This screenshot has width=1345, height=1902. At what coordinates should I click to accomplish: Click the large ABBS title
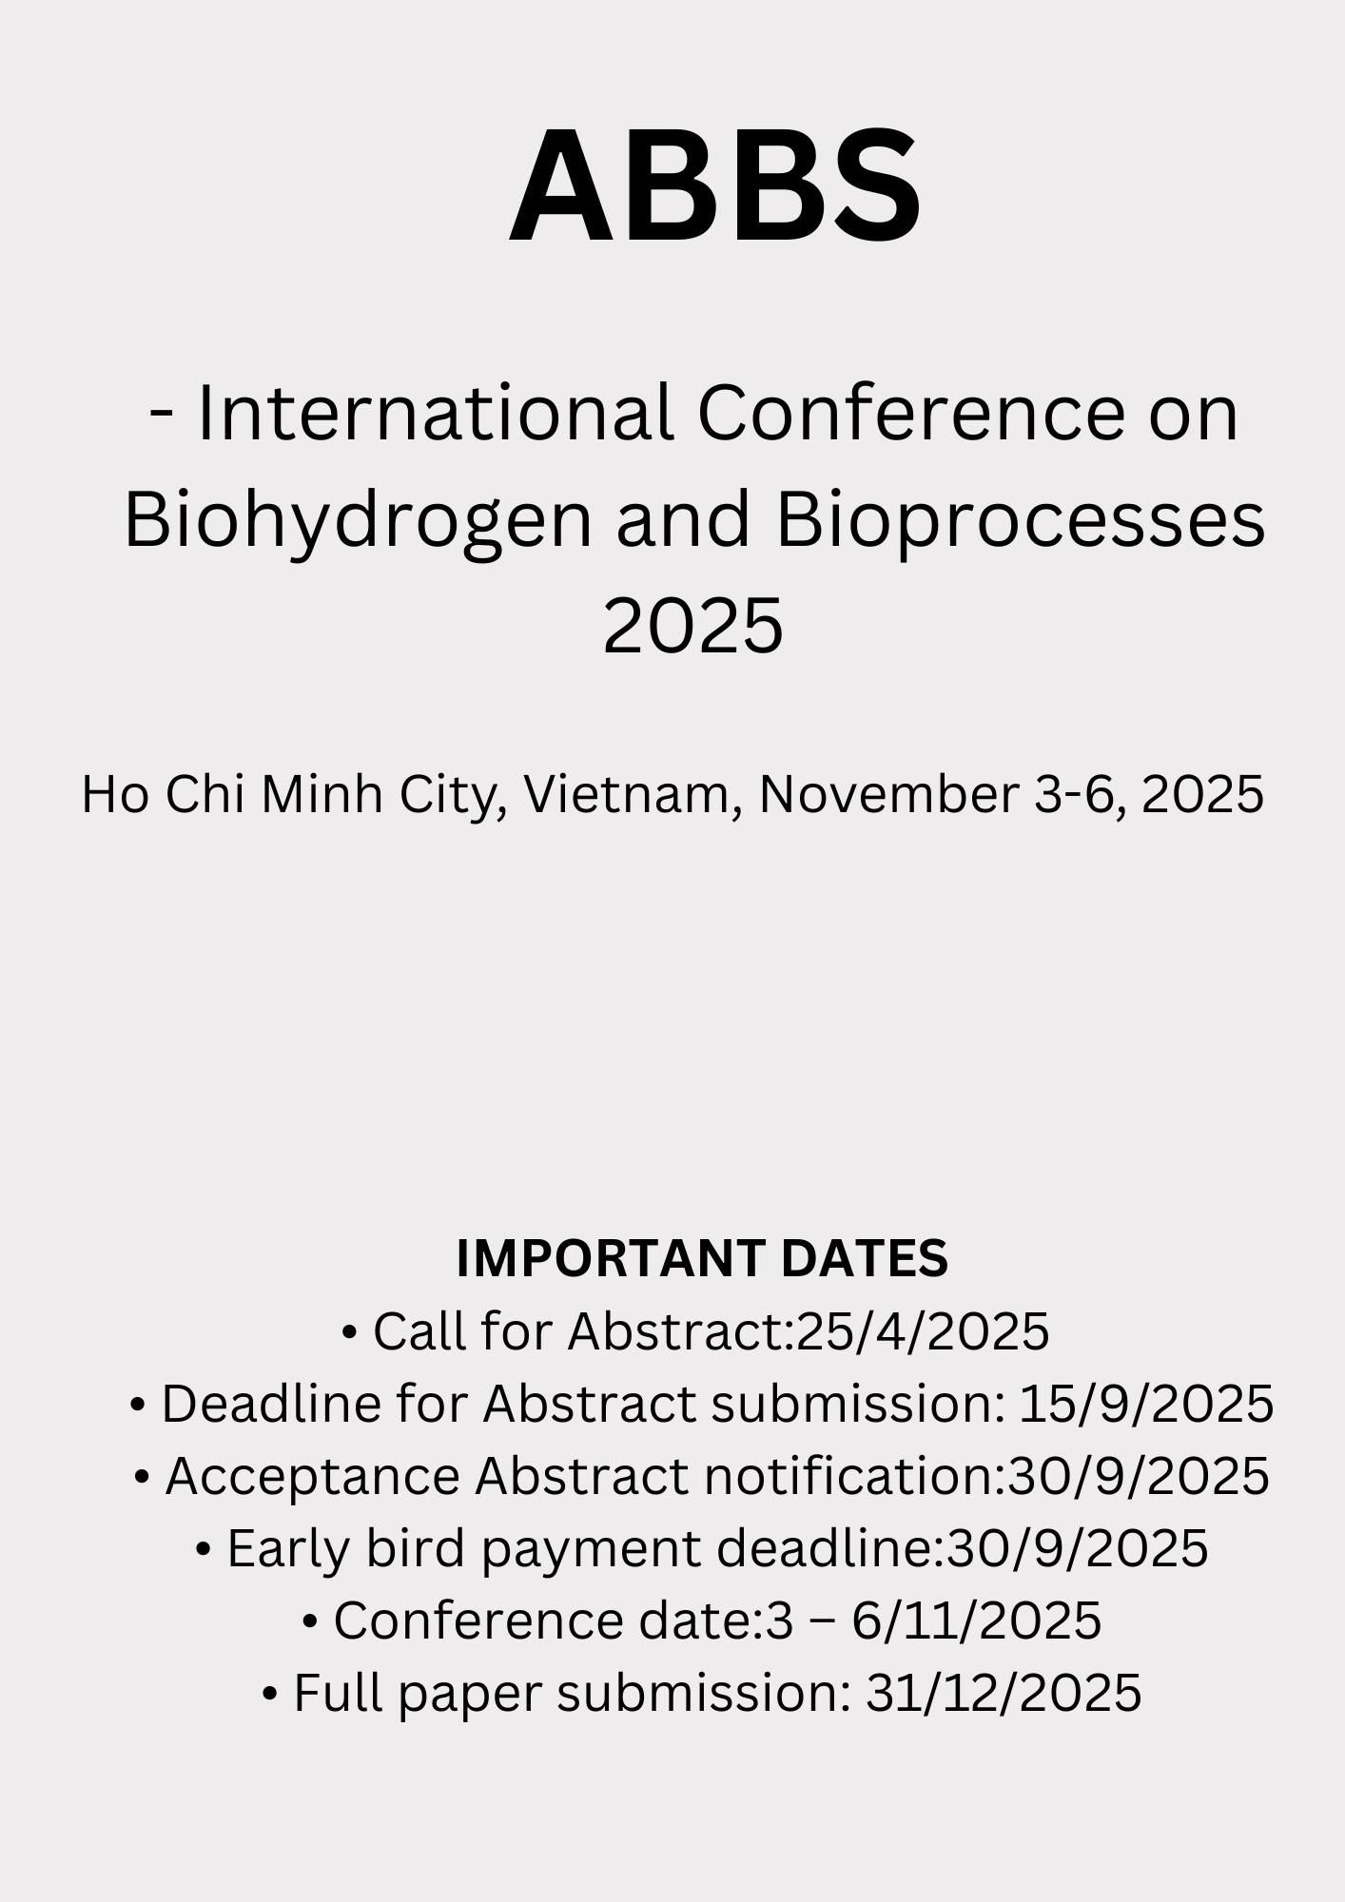tap(715, 186)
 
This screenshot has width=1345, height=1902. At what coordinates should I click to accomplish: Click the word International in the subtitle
tap(435, 414)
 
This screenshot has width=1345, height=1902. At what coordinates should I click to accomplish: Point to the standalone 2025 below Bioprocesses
tap(693, 626)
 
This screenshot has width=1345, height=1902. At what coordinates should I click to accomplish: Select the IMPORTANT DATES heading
tap(702, 1258)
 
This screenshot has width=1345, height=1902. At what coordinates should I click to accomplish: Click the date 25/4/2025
tap(923, 1331)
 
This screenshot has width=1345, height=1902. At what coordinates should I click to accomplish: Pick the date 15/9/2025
tap(1146, 1404)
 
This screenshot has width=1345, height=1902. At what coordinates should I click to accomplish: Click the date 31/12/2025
tap(1004, 1693)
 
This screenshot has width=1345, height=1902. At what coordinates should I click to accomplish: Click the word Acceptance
tap(313, 1477)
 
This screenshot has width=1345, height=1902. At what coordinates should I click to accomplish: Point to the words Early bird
tap(346, 1549)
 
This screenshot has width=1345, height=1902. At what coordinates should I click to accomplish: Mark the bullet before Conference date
tap(310, 1622)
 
